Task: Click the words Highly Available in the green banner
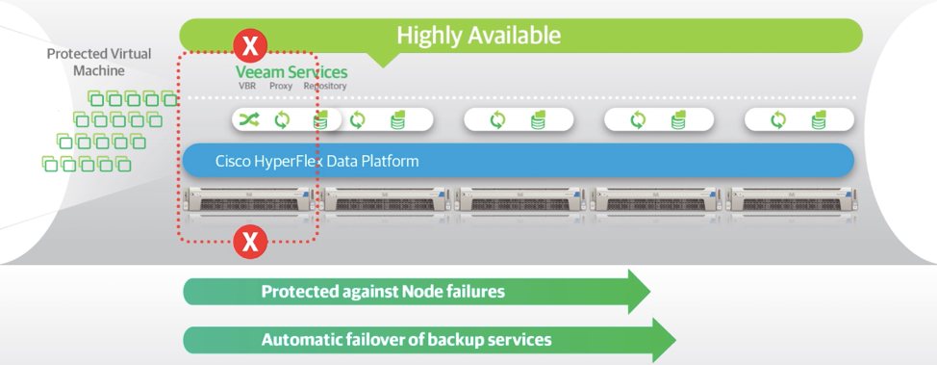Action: coord(479,36)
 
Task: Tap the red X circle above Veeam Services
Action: coord(250,45)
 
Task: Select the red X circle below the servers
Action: coord(250,243)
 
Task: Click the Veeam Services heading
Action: coord(291,72)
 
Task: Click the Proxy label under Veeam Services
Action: coord(280,86)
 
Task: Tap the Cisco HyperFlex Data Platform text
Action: coord(317,161)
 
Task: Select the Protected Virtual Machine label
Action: coord(99,63)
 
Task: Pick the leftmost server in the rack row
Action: coord(247,200)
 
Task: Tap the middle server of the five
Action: coord(519,200)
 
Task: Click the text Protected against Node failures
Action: coord(383,292)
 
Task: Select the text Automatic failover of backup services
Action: coord(406,340)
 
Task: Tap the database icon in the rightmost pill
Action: coord(820,119)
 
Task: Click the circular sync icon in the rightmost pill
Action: coord(778,119)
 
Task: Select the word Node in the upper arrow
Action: coord(422,292)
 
